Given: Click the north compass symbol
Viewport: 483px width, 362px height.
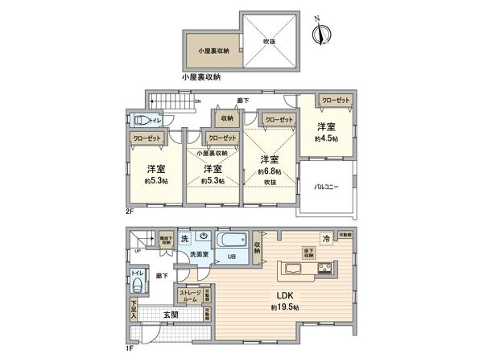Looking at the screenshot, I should [323, 33].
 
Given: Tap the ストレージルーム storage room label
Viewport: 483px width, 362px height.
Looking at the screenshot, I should [189, 295].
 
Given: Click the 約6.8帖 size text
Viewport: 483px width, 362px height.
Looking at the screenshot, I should [268, 171].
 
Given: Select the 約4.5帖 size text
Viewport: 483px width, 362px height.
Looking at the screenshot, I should [325, 138].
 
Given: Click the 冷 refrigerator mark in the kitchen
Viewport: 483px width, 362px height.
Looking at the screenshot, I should [326, 239].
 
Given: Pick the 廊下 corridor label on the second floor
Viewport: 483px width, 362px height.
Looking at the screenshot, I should [242, 101].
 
